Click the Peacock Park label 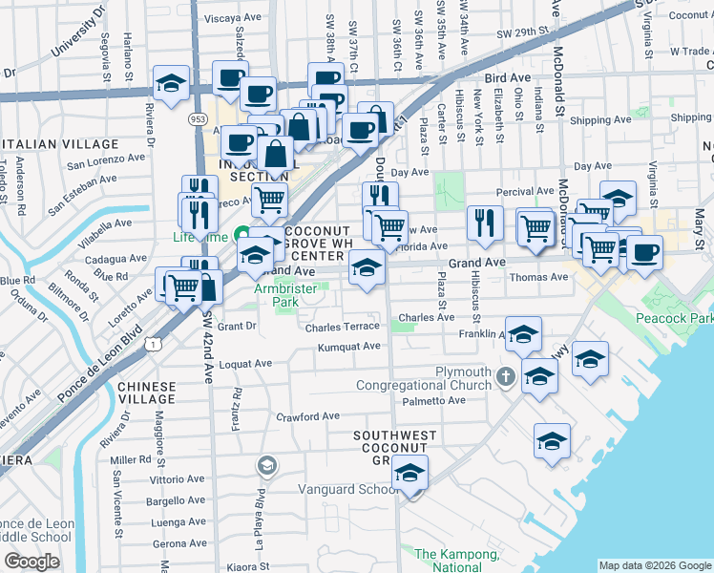click(x=681, y=317)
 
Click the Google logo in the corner click(x=31, y=562)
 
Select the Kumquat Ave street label click(x=349, y=347)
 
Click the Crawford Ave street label click(x=307, y=416)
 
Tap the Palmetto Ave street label click(x=433, y=400)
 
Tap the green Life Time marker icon click(x=242, y=235)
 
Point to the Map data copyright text click(x=655, y=565)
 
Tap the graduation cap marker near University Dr click(x=171, y=84)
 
